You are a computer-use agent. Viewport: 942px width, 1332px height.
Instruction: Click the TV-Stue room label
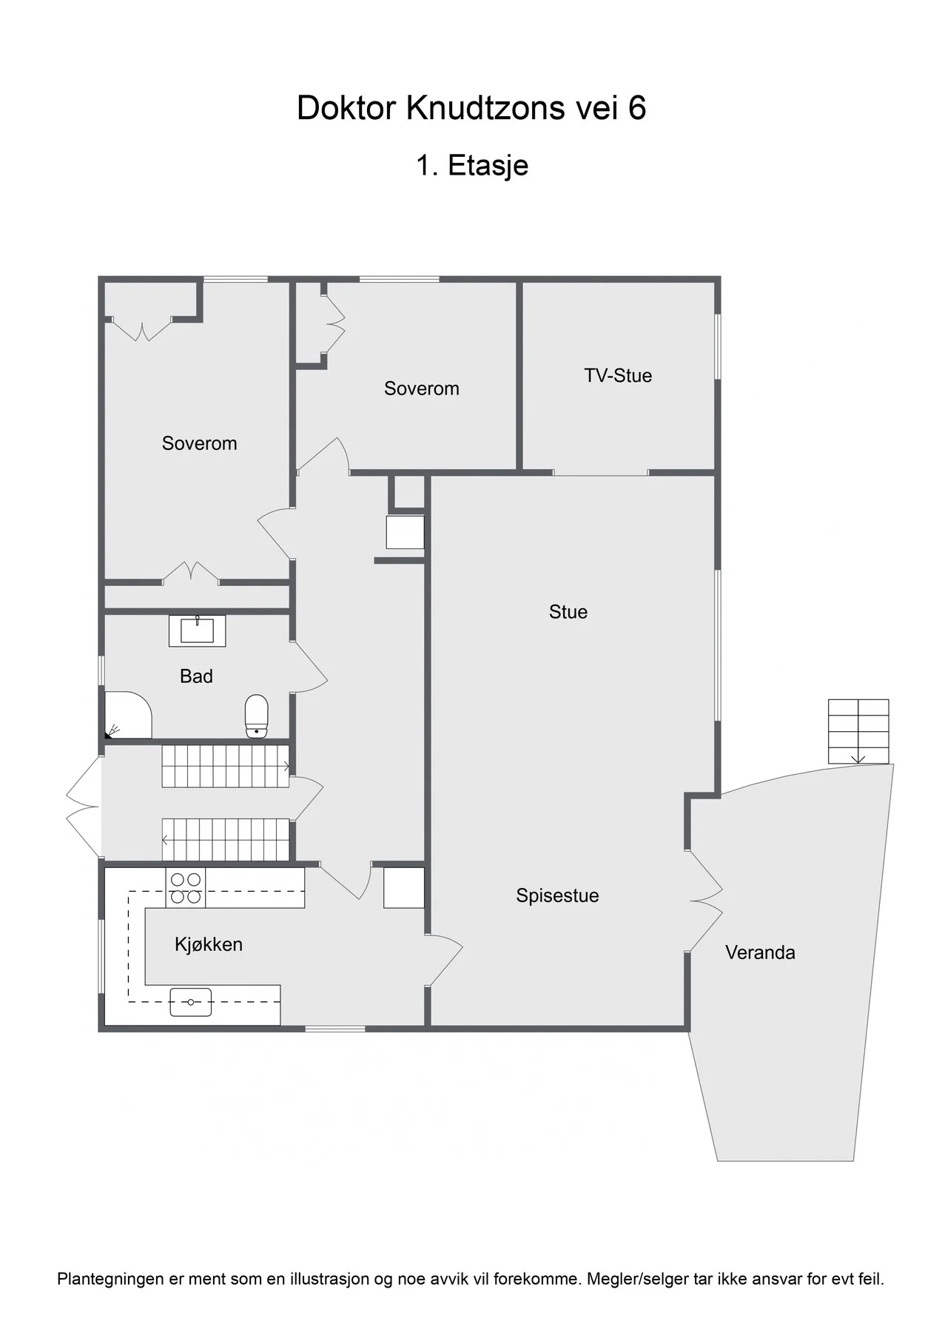[x=618, y=375]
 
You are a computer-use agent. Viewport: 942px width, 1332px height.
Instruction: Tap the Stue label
[x=568, y=612]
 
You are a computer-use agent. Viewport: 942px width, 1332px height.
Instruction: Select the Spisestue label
[x=557, y=895]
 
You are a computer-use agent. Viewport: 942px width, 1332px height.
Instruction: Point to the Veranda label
[x=760, y=952]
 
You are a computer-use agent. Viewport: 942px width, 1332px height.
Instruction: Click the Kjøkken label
[x=209, y=944]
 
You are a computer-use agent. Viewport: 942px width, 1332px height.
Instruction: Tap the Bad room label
[x=196, y=676]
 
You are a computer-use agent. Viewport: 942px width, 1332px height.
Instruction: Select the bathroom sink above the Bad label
[x=198, y=630]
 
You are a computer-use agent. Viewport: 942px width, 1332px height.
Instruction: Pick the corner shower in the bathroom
[x=128, y=715]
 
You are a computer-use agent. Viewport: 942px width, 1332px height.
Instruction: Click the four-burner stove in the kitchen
[x=186, y=888]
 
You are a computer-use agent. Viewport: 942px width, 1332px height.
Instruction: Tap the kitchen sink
[x=191, y=1002]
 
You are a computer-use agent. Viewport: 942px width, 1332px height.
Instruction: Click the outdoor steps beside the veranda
[x=858, y=731]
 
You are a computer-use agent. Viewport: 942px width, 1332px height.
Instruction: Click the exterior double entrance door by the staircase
[x=84, y=807]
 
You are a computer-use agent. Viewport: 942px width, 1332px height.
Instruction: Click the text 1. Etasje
[x=472, y=166]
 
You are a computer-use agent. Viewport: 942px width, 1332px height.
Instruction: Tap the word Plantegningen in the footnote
[x=110, y=1279]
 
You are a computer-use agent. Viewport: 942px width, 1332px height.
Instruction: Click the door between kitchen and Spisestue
[x=444, y=960]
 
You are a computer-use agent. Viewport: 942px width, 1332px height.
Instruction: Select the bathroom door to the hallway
[x=309, y=667]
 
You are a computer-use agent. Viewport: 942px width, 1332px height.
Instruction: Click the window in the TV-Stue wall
[x=717, y=348]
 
